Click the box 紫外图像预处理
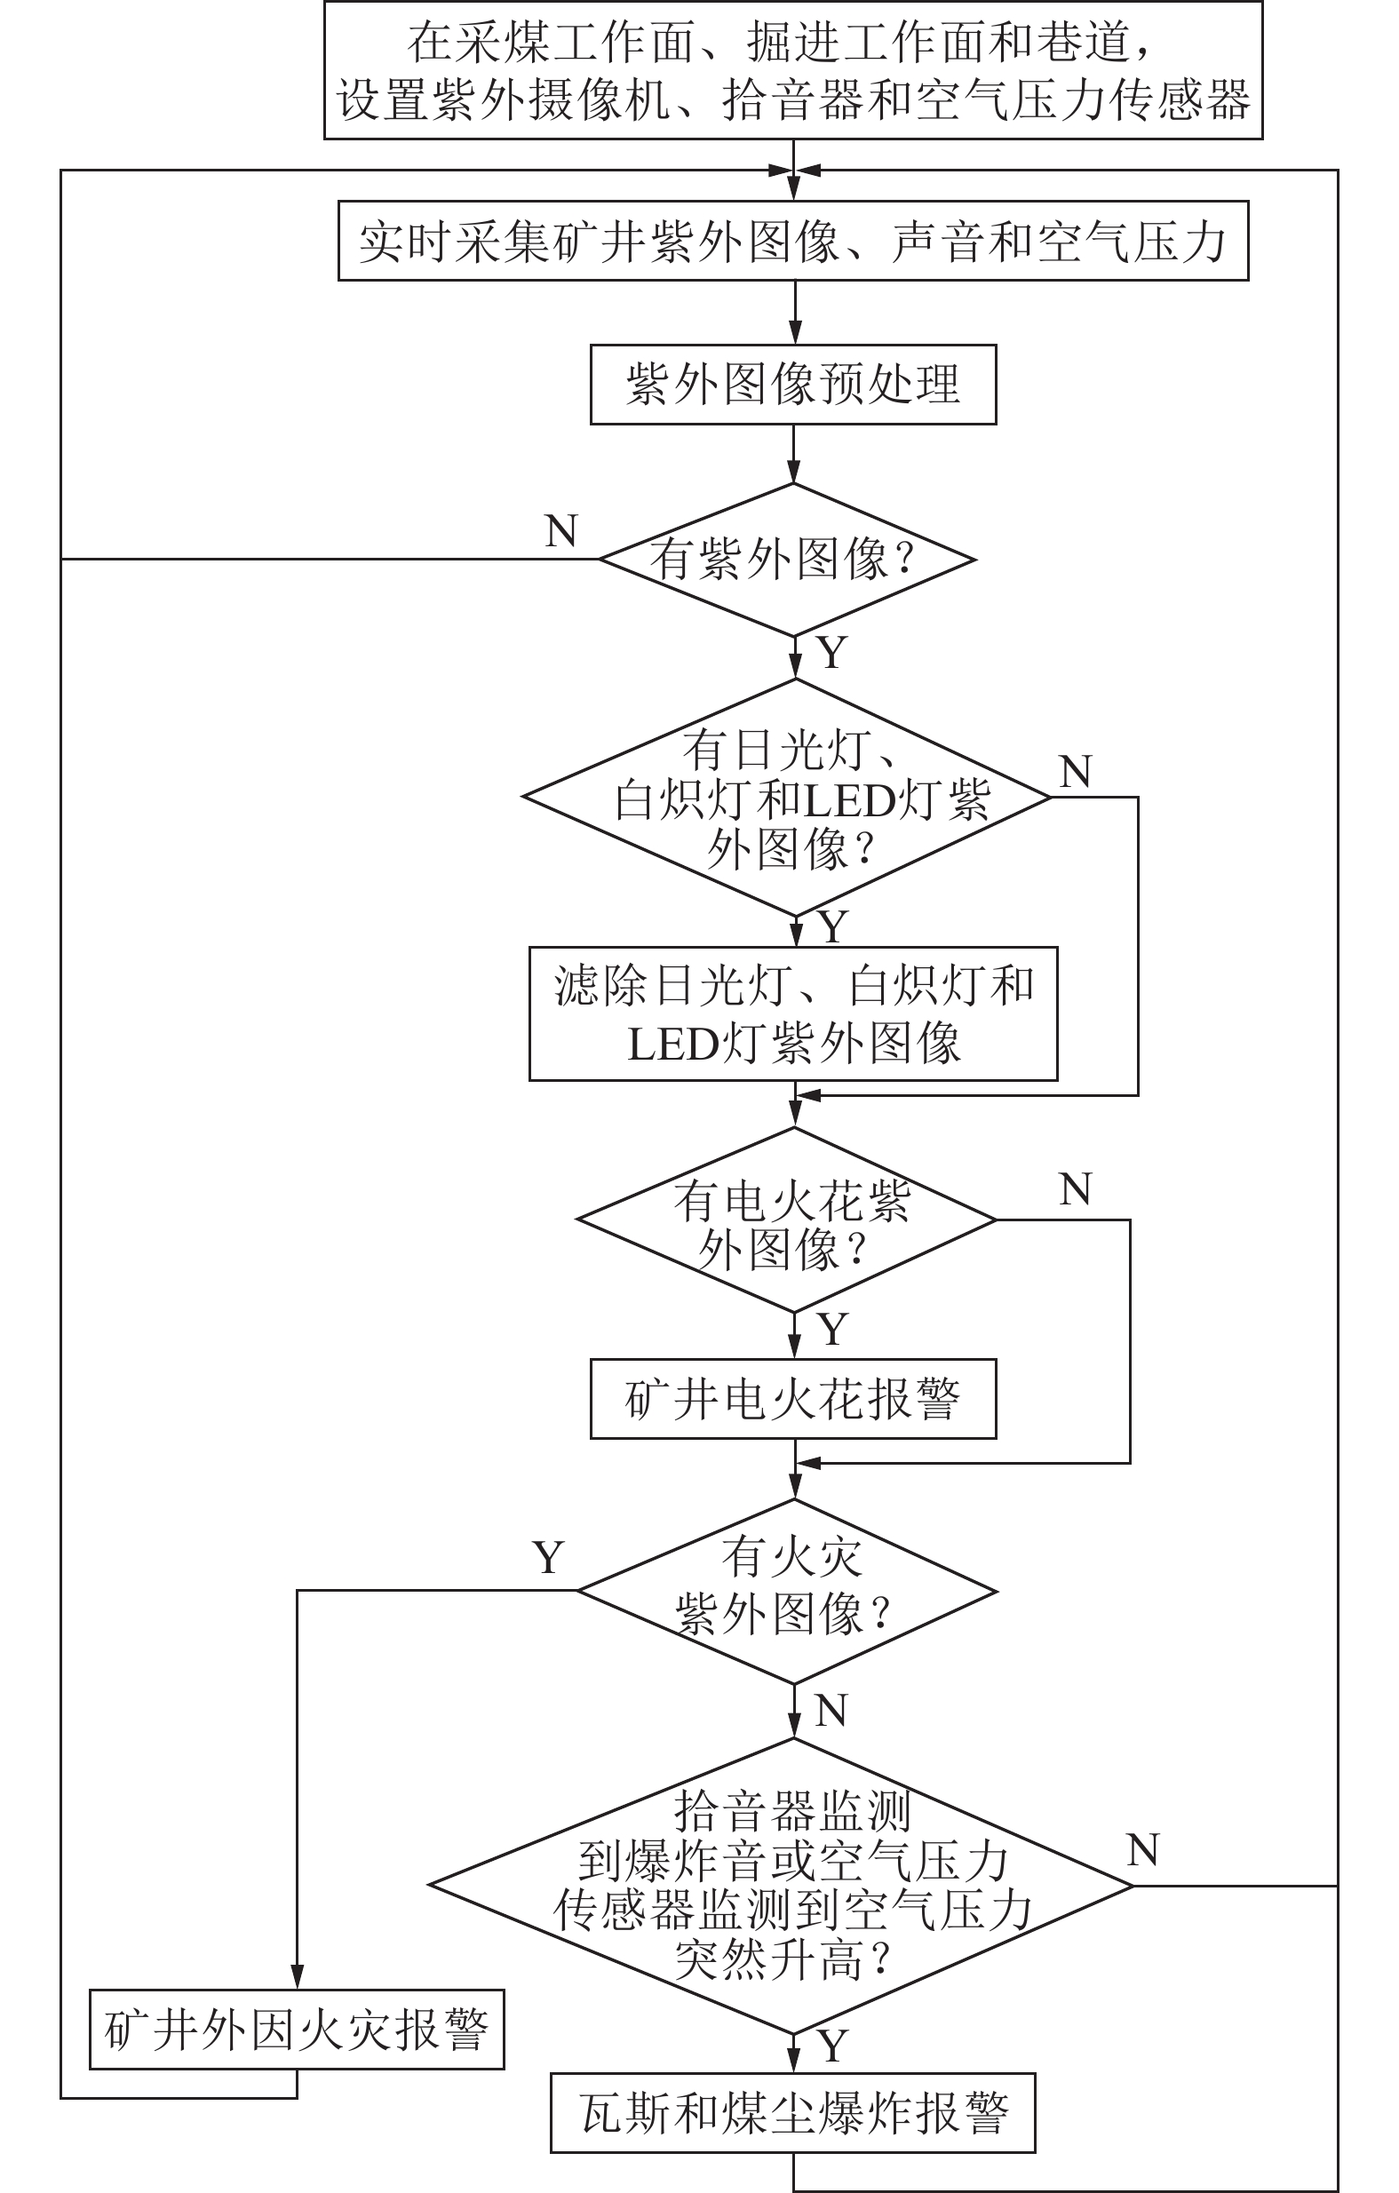[x=792, y=385]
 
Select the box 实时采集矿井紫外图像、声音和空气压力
[x=792, y=242]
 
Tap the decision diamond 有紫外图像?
[x=787, y=560]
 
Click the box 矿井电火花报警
[x=792, y=1400]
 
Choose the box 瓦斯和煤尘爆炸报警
[x=792, y=2114]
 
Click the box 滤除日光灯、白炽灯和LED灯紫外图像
[x=792, y=1014]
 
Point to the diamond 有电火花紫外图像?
[x=787, y=1220]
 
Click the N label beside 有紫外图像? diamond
[x=561, y=531]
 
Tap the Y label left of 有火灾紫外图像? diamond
[x=548, y=1559]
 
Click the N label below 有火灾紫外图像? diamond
[x=831, y=1712]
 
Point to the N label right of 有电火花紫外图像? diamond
[x=1076, y=1189]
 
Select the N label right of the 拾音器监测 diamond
[x=1143, y=1850]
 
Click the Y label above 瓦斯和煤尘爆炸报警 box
[x=832, y=2046]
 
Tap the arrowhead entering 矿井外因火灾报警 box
[x=296, y=1978]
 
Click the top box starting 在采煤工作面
[x=792, y=70]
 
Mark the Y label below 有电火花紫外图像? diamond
[x=832, y=1330]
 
